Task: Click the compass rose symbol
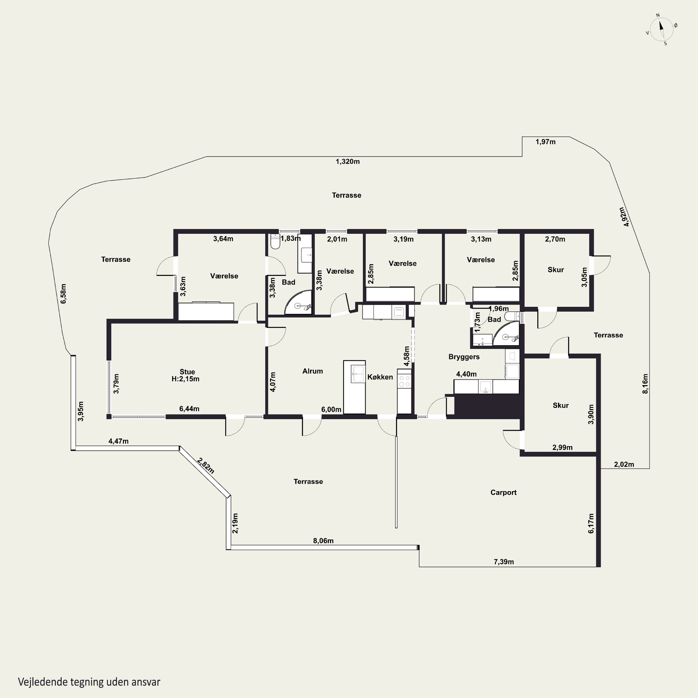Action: click(x=661, y=30)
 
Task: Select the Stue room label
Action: click(x=187, y=372)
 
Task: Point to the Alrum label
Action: click(x=312, y=371)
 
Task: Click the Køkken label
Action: click(x=380, y=377)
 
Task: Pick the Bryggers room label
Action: click(x=464, y=357)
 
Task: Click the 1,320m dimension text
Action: click(x=348, y=161)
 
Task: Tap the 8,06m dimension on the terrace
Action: click(x=323, y=541)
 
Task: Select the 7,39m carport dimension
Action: click(x=504, y=562)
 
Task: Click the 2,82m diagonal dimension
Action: click(x=206, y=466)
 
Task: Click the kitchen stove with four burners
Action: click(x=404, y=381)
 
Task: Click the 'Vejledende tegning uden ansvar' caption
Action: click(x=89, y=682)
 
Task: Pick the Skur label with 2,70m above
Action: click(x=556, y=269)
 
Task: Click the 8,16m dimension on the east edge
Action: click(x=645, y=383)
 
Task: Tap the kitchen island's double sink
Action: click(x=358, y=374)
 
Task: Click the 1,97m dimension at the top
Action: click(x=546, y=142)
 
